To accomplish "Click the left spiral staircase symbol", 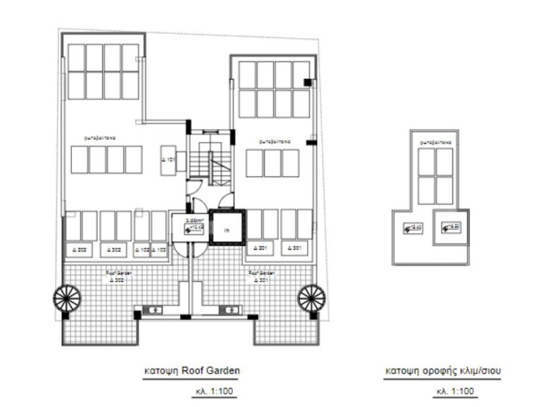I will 67,297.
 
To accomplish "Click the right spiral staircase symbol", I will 311,297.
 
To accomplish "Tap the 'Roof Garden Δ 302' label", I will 120,276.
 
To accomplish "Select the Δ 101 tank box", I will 168,160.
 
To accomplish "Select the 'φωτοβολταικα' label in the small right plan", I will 434,141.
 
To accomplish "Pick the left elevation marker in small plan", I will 412,228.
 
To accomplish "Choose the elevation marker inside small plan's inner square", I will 449,227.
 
